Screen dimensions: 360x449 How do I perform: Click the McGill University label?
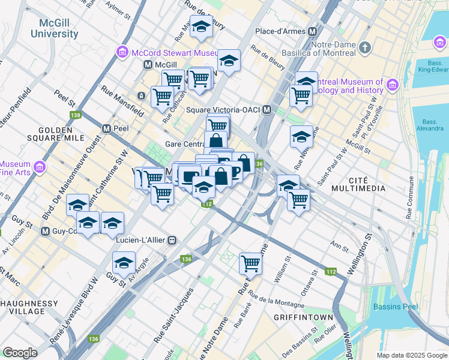click(x=55, y=28)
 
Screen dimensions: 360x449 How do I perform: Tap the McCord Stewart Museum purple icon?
click(x=123, y=52)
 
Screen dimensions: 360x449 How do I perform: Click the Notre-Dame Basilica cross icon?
click(x=365, y=47)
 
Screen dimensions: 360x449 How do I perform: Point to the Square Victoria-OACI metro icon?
click(x=267, y=110)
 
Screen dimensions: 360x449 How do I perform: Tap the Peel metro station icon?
click(x=106, y=128)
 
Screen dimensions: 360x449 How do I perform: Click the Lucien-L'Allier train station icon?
click(x=172, y=240)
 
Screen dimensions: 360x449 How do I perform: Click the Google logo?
click(x=20, y=352)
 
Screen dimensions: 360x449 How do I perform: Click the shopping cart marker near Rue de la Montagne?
click(x=250, y=263)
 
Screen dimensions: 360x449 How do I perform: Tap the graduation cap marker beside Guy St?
click(x=124, y=262)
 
